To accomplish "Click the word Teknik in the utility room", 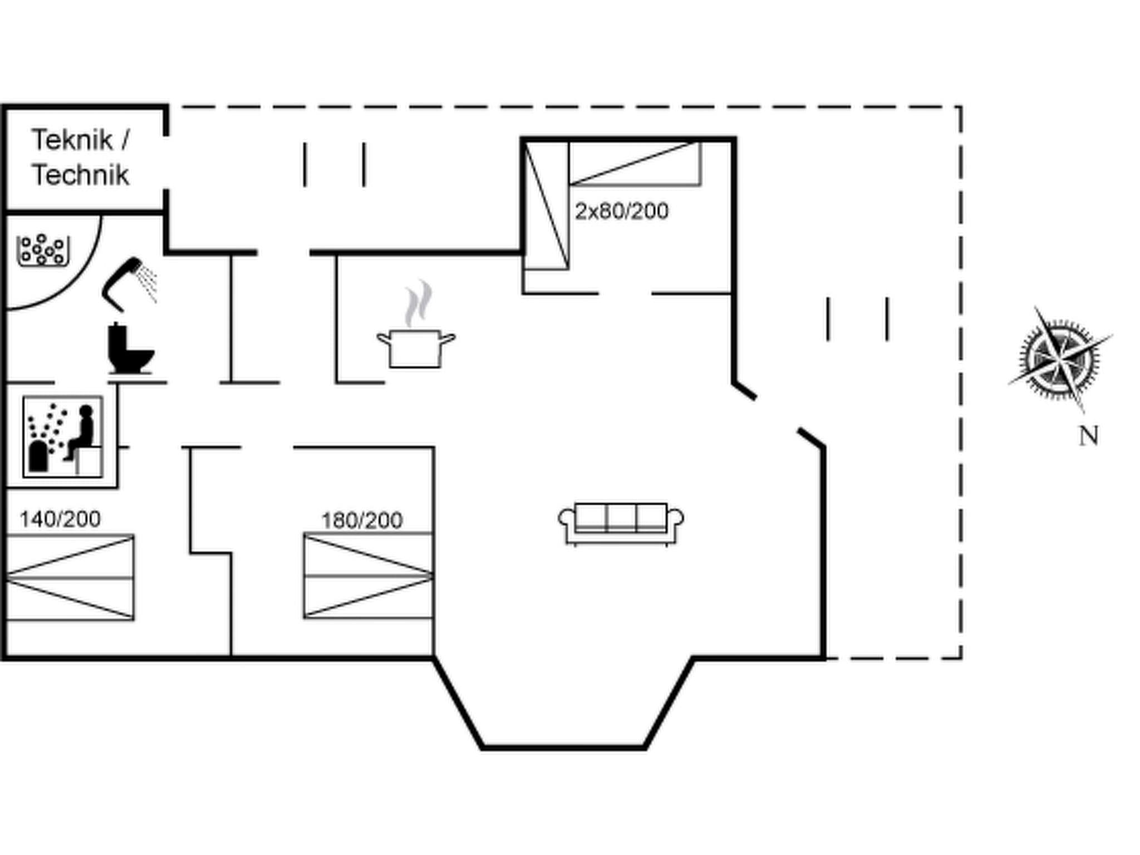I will pyautogui.click(x=71, y=140).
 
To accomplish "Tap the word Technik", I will pyautogui.click(x=80, y=175).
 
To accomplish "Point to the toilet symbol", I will pyautogui.click(x=130, y=349).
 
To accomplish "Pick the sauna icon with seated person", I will pyautogui.click(x=63, y=437).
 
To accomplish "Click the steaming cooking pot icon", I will pyautogui.click(x=416, y=347).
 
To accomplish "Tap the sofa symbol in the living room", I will pyautogui.click(x=621, y=523).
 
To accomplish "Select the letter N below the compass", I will pyautogui.click(x=1089, y=436).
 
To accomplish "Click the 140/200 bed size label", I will pyautogui.click(x=60, y=519).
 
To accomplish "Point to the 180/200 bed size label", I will pyautogui.click(x=362, y=521).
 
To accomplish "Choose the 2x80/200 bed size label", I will pyautogui.click(x=621, y=212).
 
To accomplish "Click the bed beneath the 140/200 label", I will pyautogui.click(x=70, y=578).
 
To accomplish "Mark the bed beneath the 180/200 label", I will pyautogui.click(x=368, y=576).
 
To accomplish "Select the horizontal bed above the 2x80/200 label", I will pyautogui.click(x=635, y=163).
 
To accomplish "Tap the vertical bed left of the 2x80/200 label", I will pyautogui.click(x=546, y=205).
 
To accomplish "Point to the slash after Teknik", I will pyautogui.click(x=125, y=140).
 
